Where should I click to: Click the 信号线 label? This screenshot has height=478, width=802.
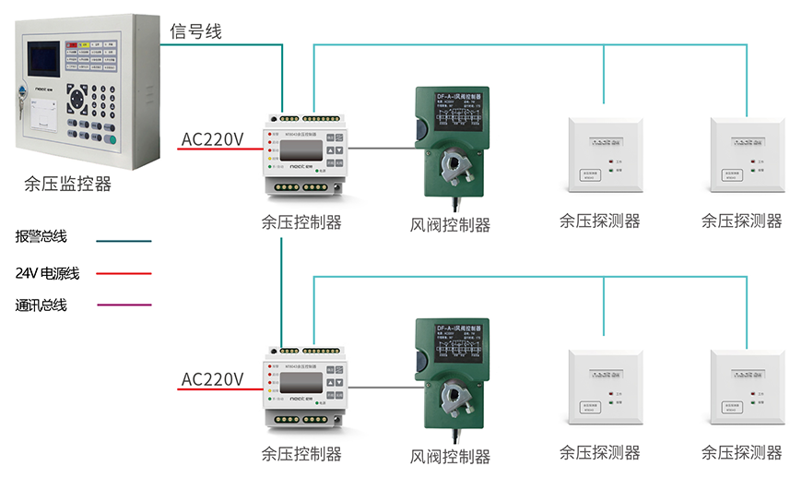click(x=195, y=31)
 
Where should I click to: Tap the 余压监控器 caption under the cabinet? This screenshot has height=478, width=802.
click(x=67, y=184)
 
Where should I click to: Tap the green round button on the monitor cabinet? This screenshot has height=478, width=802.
click(x=111, y=139)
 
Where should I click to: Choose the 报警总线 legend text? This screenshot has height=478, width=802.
click(x=41, y=237)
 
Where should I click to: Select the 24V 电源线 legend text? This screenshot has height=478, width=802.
click(x=47, y=273)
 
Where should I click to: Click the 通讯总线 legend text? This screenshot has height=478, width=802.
click(x=41, y=305)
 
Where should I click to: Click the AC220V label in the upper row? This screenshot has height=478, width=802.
click(x=212, y=139)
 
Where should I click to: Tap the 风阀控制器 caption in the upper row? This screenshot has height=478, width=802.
click(x=450, y=224)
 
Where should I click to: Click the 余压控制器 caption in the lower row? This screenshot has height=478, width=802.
click(x=301, y=454)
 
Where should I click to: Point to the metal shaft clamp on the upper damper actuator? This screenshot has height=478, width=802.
click(x=454, y=164)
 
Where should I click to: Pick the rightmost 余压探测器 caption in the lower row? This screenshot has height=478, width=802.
click(x=741, y=452)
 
